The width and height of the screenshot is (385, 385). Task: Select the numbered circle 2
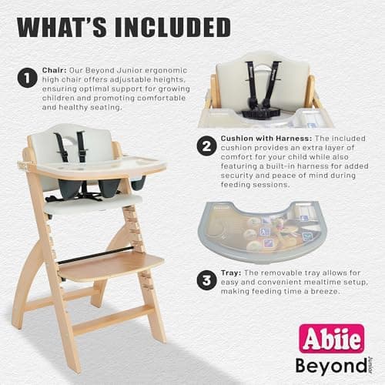206,146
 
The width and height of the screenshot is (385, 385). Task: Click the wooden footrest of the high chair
99,266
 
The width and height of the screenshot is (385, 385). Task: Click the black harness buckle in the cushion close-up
259,112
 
